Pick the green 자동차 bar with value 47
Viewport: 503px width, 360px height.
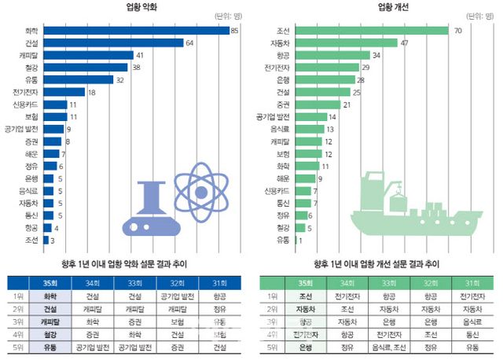tap(339, 42)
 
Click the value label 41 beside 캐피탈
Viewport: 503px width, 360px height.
tap(140, 55)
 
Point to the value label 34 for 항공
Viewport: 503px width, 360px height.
tap(376, 55)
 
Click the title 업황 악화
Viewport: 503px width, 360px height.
tap(119, 7)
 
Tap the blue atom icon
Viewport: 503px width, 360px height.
tap(198, 188)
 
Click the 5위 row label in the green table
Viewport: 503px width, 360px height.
tap(271, 347)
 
